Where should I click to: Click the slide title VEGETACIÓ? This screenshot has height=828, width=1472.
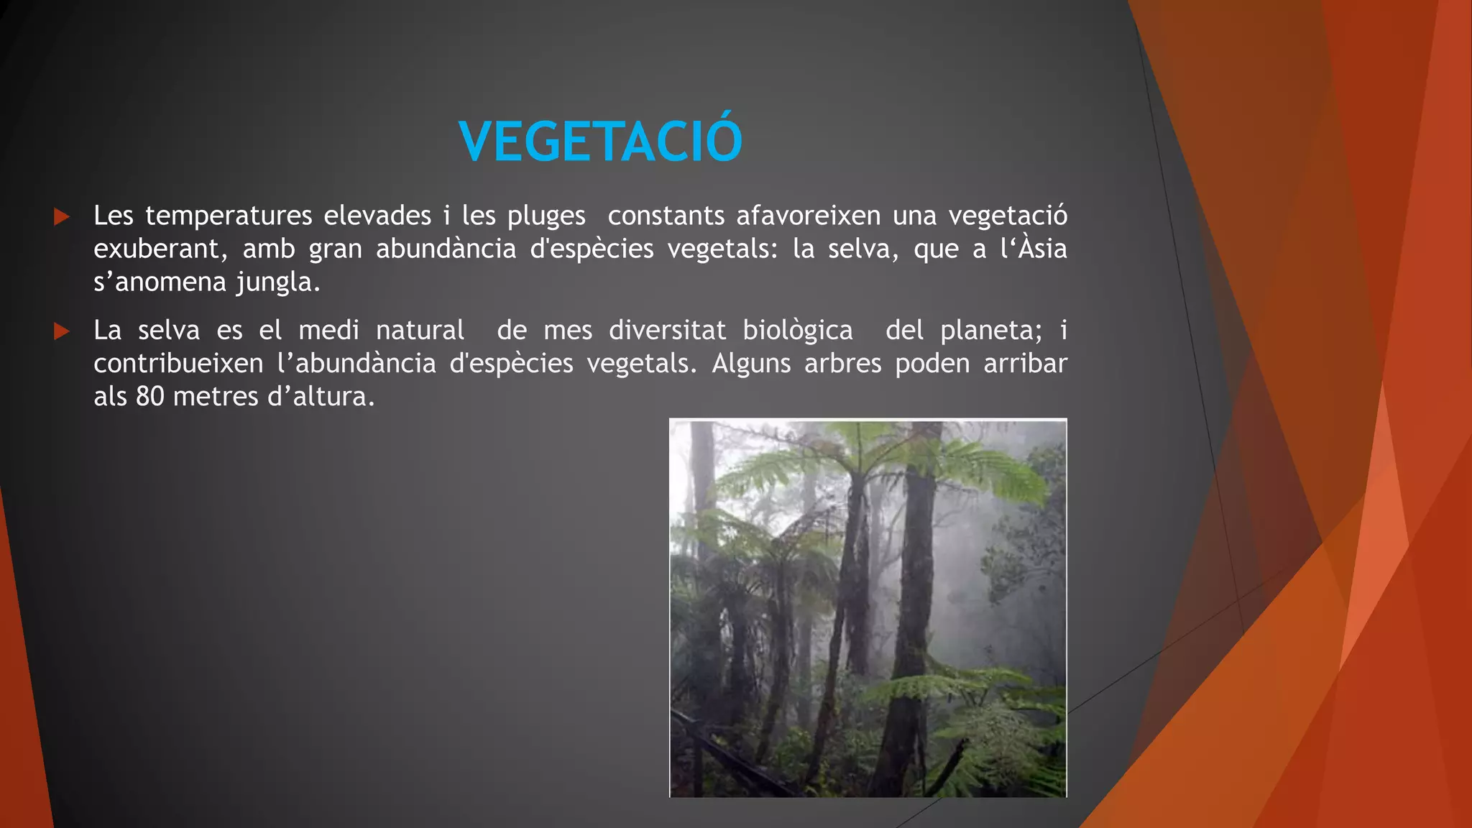click(x=601, y=141)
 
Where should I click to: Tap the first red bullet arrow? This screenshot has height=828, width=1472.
click(x=62, y=216)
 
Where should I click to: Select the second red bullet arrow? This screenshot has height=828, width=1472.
click(x=62, y=331)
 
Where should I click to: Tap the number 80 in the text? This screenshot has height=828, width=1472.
click(x=150, y=397)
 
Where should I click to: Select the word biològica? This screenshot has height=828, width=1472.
click(x=798, y=331)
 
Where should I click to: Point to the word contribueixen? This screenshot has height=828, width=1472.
click(x=178, y=364)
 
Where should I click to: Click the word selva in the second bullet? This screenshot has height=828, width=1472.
click(x=169, y=331)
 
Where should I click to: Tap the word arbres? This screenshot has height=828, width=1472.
click(x=842, y=364)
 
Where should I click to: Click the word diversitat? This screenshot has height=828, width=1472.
click(x=667, y=331)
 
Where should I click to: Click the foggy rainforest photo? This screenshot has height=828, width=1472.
click(x=868, y=608)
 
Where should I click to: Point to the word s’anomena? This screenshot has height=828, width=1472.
click(x=160, y=282)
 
